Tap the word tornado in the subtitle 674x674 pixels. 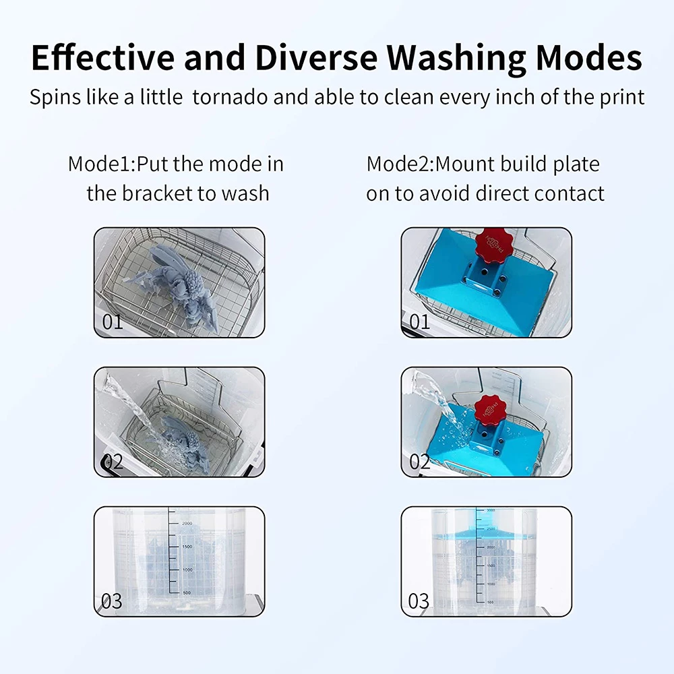pos(231,96)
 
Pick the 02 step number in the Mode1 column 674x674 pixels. pos(113,462)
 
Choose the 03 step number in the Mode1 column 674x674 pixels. pos(112,601)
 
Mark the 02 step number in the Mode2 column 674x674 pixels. pos(419,462)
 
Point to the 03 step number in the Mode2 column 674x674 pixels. pos(419,601)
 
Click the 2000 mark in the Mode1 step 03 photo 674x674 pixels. pos(186,523)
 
